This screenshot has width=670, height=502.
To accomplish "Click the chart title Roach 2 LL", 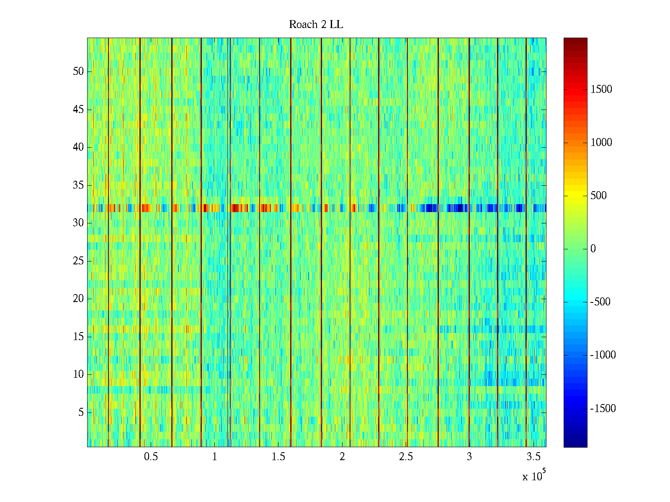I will (x=316, y=25).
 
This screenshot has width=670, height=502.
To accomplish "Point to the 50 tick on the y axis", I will (x=78, y=72).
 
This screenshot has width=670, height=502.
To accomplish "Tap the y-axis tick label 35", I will (x=78, y=185).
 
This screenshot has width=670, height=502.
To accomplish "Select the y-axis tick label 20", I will (x=78, y=299).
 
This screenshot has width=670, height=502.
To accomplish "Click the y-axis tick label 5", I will (x=81, y=412).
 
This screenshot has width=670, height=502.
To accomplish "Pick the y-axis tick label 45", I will (x=78, y=110).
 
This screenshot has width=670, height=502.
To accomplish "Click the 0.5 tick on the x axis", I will (x=151, y=457).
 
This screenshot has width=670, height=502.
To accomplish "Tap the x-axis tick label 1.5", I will (x=278, y=457).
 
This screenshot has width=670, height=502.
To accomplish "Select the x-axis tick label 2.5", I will (x=406, y=457).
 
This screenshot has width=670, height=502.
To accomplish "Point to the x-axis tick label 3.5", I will (x=533, y=457).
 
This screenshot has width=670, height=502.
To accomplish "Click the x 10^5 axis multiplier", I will (x=533, y=476).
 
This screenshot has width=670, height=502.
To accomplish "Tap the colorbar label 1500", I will (x=601, y=89).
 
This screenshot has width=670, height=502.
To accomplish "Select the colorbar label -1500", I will (x=603, y=409).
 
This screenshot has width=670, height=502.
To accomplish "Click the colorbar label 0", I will (x=593, y=249).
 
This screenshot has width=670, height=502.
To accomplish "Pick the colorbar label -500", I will (x=600, y=302).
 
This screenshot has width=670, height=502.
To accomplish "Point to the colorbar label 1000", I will (x=601, y=143).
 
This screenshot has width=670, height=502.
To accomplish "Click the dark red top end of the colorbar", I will (x=575, y=40).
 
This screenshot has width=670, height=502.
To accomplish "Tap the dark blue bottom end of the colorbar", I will (x=575, y=445).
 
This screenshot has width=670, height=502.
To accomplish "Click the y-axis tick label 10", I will (x=78, y=374).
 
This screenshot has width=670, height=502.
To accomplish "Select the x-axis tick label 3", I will (x=469, y=457).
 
